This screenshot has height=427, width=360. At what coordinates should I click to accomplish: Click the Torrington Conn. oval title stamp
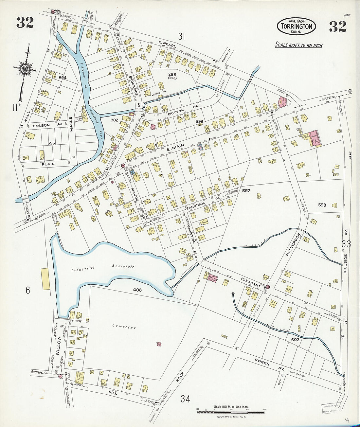pos(297,26)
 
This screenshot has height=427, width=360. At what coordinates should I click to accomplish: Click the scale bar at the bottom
pos(231,412)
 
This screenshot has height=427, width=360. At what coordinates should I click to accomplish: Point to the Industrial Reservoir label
pos(103,268)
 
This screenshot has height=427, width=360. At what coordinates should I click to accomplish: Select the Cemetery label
pos(124,327)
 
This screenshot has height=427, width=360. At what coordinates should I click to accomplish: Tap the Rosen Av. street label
pos(269,366)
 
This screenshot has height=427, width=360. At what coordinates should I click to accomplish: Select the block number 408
pos(137,290)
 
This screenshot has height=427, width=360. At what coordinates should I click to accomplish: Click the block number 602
pos(295,340)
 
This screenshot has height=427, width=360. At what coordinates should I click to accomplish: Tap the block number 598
pos(322,205)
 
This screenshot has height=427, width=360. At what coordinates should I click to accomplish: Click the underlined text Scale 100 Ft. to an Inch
pos(298,45)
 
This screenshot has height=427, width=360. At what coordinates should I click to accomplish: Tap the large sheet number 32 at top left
pos(25,23)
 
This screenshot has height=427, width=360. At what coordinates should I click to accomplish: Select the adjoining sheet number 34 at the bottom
pos(185,399)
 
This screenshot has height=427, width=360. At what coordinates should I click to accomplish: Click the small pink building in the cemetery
pos(159,344)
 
